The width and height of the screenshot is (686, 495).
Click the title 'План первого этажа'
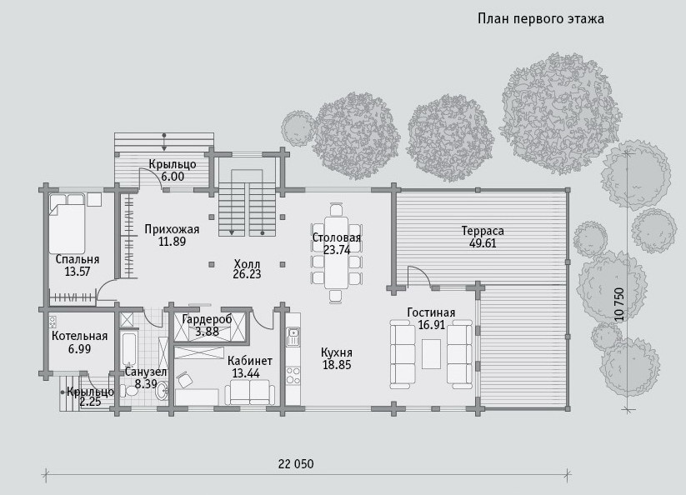coord(541,19)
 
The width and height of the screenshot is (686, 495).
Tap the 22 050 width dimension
coord(296,464)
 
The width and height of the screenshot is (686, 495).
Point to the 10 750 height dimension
coord(619,304)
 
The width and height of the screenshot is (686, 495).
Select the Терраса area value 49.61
coord(483,243)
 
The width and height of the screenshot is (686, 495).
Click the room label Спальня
coord(78,259)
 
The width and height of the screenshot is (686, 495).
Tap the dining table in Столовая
coord(336,252)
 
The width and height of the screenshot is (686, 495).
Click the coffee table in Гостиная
coord(432,354)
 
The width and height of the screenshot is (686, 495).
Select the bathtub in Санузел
coord(129,350)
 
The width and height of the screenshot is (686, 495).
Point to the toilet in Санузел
coord(130,389)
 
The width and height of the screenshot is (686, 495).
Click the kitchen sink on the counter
coord(293,336)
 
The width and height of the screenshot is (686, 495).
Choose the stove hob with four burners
coord(293,375)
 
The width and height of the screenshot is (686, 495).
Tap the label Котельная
coord(80,336)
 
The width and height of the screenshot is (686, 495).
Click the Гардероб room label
coord(208,319)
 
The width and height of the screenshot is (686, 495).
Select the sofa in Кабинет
coord(250,392)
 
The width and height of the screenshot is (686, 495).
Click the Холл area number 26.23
coord(247,274)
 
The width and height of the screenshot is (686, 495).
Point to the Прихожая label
coord(172,229)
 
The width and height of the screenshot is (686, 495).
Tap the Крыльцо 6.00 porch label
coord(173,171)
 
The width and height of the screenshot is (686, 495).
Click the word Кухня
coord(337,352)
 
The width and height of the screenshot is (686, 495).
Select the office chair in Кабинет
coord(185,379)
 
